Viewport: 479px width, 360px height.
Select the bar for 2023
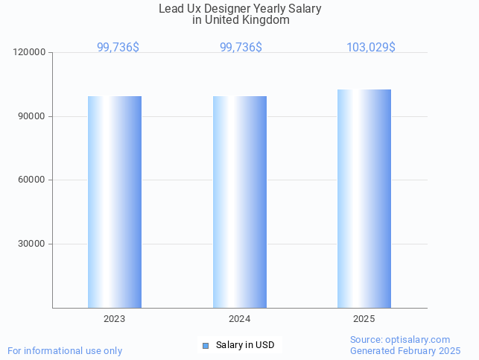pos(115,201)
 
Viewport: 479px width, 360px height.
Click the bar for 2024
pos(240,201)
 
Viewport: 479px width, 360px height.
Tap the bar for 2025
pos(364,198)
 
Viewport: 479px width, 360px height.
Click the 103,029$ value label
pos(371,48)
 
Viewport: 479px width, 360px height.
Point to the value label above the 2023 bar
pos(118,48)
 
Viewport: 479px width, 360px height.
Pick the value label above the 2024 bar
pos(241,48)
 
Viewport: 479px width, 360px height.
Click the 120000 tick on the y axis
pos(31,53)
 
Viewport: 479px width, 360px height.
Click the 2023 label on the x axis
pos(115,319)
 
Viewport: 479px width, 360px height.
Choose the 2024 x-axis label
pos(240,319)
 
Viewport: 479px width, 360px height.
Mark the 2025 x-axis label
pos(364,319)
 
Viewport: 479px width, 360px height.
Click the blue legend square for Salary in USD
pos(206,345)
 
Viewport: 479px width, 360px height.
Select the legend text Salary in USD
pos(245,345)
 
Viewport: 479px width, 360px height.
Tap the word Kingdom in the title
pos(266,21)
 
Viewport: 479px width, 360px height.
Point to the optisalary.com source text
pos(400,340)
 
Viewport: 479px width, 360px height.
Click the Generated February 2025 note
pos(405,351)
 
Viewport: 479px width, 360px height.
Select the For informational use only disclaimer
pos(65,351)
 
